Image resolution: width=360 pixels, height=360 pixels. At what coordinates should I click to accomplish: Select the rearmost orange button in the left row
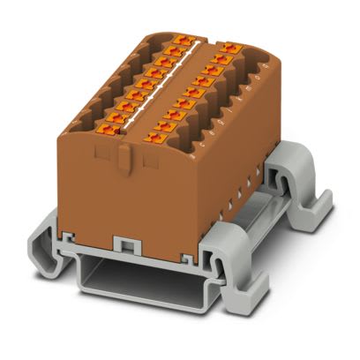[x=184, y=40]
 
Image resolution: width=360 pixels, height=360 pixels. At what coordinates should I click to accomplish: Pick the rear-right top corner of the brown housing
[x=265, y=53]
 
